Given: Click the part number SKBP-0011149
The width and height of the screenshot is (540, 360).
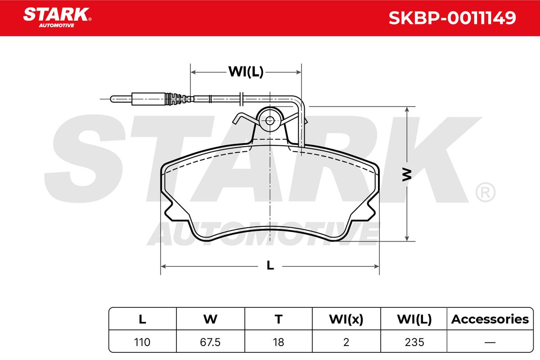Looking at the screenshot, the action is click(x=452, y=18).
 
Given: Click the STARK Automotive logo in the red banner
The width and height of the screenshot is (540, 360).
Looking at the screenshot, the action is click(x=57, y=18).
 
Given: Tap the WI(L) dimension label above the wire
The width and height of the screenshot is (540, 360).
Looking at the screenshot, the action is click(x=246, y=72).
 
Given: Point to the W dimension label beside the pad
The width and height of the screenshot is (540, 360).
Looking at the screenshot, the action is click(x=407, y=175).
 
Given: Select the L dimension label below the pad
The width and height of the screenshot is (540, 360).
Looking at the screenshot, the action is click(x=270, y=265).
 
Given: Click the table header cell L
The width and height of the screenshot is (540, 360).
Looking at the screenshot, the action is click(x=143, y=319).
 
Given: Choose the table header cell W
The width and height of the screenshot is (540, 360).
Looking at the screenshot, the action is click(x=210, y=319).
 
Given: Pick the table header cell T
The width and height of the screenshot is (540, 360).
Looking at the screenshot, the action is click(x=279, y=319).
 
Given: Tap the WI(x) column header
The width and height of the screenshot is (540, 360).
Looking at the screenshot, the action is click(x=346, y=319).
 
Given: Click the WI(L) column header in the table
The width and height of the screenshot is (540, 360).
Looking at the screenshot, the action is click(x=414, y=319).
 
